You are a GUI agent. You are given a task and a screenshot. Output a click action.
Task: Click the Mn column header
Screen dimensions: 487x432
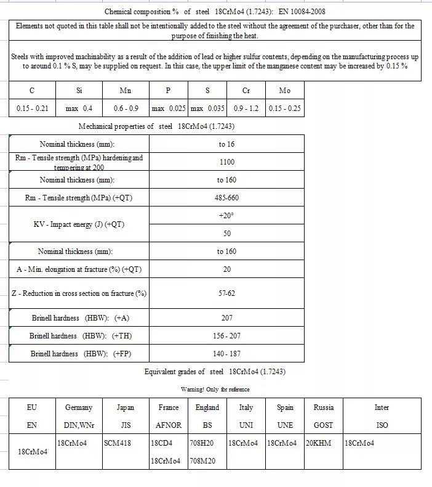(x=125, y=91)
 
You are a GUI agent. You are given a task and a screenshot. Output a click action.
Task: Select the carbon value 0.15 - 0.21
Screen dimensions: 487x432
(x=32, y=108)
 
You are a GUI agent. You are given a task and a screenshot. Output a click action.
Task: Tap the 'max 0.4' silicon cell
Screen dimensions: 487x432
(x=79, y=108)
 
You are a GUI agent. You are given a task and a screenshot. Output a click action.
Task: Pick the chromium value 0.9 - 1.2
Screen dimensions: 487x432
(x=246, y=108)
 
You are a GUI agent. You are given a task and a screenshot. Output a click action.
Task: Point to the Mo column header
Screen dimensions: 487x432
(x=284, y=91)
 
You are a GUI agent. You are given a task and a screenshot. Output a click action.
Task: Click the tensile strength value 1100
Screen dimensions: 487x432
(x=226, y=162)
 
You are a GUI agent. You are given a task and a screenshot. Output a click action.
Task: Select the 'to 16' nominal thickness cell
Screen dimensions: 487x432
(x=226, y=144)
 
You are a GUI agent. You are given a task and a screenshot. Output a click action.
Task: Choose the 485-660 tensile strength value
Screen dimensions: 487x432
(x=226, y=198)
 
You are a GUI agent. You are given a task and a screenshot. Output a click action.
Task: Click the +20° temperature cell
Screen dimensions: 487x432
(x=226, y=216)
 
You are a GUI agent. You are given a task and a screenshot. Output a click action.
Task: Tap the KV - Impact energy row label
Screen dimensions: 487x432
(x=79, y=224)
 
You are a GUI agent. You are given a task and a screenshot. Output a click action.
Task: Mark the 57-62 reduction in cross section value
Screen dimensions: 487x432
(x=226, y=293)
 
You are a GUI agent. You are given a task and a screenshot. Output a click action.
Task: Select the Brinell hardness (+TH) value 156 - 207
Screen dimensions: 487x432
(x=226, y=336)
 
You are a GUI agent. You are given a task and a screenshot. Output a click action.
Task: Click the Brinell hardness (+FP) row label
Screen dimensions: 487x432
(x=79, y=354)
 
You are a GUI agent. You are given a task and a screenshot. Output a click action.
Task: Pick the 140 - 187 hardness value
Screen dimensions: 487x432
(x=226, y=354)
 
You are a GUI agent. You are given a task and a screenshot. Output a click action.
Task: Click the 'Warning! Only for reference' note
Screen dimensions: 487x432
(x=215, y=389)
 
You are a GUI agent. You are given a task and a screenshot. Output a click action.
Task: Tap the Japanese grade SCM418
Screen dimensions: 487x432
(x=118, y=443)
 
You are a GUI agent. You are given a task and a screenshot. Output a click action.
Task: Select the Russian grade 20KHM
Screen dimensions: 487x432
(x=319, y=443)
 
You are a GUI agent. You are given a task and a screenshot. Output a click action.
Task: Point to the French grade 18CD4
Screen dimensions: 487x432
(x=162, y=443)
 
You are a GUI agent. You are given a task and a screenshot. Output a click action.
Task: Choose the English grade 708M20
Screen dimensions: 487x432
(x=202, y=461)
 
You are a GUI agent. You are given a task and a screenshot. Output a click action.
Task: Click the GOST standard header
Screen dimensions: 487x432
(x=323, y=425)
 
